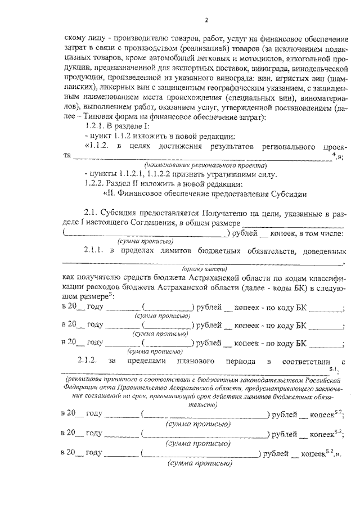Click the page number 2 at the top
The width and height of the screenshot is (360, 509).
(206, 21)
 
